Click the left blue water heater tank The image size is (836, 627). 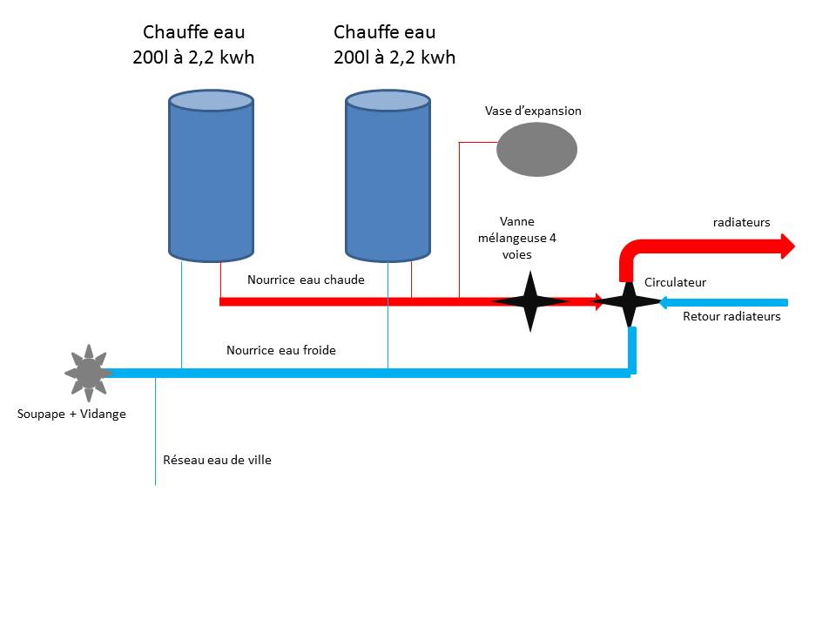pyautogui.click(x=211, y=176)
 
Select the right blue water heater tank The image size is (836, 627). pyautogui.click(x=388, y=176)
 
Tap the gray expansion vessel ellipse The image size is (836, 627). pyautogui.click(x=537, y=149)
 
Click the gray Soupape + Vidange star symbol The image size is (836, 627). pyautogui.click(x=89, y=373)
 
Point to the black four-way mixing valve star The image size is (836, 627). pyautogui.click(x=530, y=301)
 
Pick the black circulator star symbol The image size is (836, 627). pyautogui.click(x=629, y=302)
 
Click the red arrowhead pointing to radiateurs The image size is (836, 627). pyautogui.click(x=788, y=246)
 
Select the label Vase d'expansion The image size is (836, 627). pyautogui.click(x=533, y=111)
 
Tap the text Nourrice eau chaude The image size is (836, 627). pyautogui.click(x=306, y=280)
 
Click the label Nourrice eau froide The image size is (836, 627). pyautogui.click(x=281, y=350)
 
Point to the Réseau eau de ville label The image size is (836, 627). pyautogui.click(x=217, y=460)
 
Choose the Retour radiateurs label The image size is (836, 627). pyautogui.click(x=731, y=316)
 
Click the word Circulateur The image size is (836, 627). pyautogui.click(x=675, y=282)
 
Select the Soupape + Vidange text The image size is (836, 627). pyautogui.click(x=71, y=414)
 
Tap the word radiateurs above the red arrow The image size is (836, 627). pyautogui.click(x=742, y=222)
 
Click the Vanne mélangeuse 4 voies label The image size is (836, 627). pyautogui.click(x=517, y=238)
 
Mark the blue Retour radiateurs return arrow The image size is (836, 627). pyautogui.click(x=724, y=303)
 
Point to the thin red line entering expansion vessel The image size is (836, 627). pyautogui.click(x=478, y=142)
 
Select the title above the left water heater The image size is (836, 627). pyautogui.click(x=193, y=44)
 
